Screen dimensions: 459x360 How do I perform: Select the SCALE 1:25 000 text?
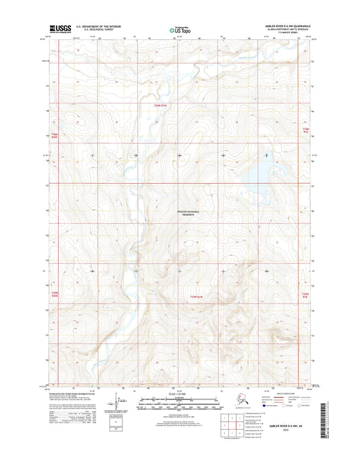[179, 393]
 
